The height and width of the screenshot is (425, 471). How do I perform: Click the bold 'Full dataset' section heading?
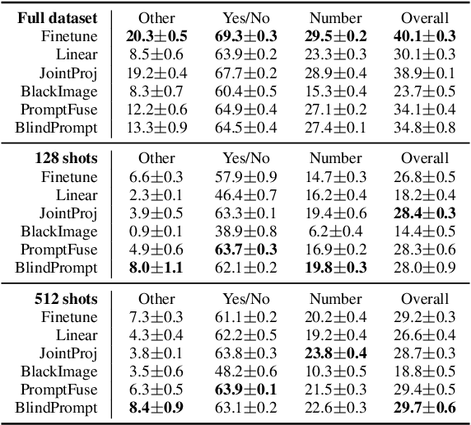coord(57,17)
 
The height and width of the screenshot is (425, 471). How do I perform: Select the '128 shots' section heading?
coord(65,158)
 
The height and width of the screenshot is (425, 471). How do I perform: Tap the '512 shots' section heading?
coord(65,299)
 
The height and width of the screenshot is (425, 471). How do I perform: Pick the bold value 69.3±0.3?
coord(249,35)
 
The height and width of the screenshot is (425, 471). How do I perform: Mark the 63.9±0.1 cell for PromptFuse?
coord(249,390)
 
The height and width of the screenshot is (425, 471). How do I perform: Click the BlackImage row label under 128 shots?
coord(59,231)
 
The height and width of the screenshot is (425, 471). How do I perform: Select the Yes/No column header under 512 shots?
coord(249,299)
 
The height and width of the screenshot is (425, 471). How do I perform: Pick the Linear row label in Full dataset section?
coord(77,54)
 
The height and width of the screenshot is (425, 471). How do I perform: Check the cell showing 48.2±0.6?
coord(249,371)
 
